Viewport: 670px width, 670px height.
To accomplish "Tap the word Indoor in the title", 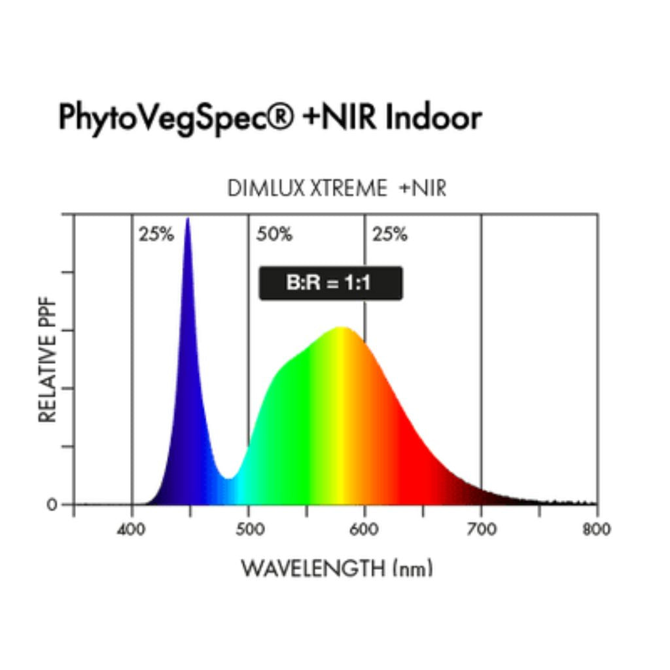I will click(x=434, y=118).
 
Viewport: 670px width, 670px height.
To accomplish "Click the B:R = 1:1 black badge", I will click(x=330, y=283).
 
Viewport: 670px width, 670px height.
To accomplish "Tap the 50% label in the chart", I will click(x=274, y=234).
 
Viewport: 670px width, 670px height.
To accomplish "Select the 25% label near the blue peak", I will click(x=156, y=234).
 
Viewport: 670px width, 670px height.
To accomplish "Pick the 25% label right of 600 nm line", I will click(x=390, y=234).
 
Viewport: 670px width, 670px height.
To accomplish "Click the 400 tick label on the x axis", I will click(x=132, y=529).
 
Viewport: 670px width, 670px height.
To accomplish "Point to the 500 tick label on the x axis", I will click(x=249, y=529).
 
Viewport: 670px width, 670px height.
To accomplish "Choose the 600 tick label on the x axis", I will click(x=365, y=529).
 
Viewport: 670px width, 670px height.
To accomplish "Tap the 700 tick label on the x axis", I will click(x=482, y=529).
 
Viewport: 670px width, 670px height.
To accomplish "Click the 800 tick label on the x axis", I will click(x=595, y=529).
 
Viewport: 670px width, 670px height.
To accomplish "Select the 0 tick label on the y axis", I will click(x=51, y=504).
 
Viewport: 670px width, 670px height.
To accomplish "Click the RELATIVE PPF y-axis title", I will click(x=48, y=361).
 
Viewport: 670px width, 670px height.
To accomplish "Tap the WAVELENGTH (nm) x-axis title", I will click(x=337, y=568).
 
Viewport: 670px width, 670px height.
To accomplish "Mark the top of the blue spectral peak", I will click(x=188, y=220).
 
